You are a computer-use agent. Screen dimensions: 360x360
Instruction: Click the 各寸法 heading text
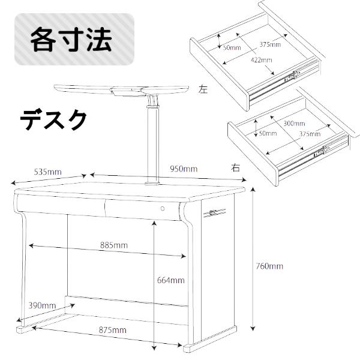point(71,39)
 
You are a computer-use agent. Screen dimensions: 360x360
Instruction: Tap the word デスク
point(53,120)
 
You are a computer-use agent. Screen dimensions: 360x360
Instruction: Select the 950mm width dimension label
point(184,169)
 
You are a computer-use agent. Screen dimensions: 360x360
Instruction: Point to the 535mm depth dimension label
point(48,172)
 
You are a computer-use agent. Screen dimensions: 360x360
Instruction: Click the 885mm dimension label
point(114,245)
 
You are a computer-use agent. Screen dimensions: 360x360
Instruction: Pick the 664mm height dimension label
point(171,280)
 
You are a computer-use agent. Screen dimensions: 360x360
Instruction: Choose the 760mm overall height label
point(269,266)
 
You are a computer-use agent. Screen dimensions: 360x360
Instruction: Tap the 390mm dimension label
point(42,305)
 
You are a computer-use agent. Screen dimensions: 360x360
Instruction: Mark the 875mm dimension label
point(113,330)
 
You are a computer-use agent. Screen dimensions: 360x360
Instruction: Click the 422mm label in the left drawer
point(262,60)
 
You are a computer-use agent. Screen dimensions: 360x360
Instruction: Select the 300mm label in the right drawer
point(295,124)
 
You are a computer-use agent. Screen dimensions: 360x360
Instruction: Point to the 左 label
point(203,89)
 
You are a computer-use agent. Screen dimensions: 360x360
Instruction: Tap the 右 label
point(235,168)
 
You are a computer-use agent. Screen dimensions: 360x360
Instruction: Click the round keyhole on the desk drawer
point(163,208)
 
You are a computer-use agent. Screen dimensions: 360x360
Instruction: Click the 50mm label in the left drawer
point(232,47)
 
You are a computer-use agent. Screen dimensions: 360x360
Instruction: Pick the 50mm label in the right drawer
point(268,133)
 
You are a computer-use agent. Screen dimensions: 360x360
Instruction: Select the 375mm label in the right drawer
point(310,134)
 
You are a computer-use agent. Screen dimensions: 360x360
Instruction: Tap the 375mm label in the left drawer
point(270,44)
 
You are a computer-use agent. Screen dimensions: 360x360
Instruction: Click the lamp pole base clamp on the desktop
point(152,183)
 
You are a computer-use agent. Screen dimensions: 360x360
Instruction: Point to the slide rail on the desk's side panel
point(214,213)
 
